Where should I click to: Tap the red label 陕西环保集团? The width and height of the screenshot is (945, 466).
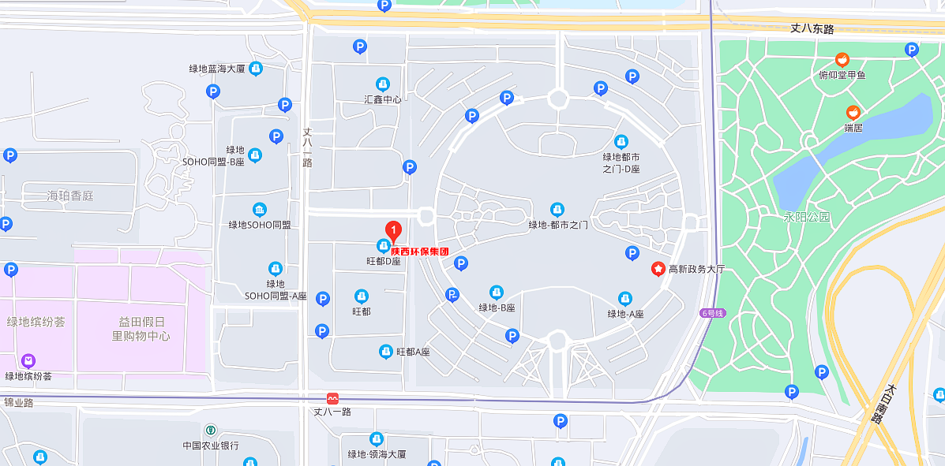tap(419, 252)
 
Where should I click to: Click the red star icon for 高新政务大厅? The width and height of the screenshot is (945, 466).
tap(658, 269)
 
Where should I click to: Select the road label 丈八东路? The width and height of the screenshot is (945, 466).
tap(812, 28)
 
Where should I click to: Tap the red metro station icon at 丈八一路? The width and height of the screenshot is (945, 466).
tap(332, 399)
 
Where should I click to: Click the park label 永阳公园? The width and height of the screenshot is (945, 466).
tap(807, 217)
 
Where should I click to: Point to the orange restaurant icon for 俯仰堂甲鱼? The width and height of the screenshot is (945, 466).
tap(842, 60)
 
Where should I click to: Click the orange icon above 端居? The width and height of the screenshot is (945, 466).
tap(853, 113)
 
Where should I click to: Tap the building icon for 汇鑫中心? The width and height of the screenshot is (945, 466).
tap(383, 84)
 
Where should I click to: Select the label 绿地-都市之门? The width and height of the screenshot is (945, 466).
tap(557, 225)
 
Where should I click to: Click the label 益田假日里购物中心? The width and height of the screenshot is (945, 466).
tap(141, 329)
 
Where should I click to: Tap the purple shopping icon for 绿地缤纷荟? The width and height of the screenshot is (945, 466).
tap(28, 361)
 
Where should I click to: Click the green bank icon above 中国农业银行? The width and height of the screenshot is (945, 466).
tap(210, 431)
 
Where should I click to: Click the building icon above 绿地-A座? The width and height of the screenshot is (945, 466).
tap(624, 299)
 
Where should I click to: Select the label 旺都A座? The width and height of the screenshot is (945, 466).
tap(413, 352)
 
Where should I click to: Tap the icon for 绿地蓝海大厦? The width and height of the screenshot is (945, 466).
tap(255, 69)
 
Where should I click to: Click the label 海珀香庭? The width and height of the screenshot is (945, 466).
tap(69, 195)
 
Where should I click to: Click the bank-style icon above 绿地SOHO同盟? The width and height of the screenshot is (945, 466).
tap(259, 210)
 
